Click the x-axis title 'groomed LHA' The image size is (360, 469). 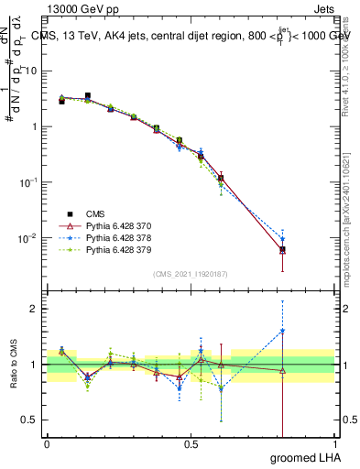[x=307, y=458]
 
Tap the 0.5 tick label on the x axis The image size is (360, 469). [x=191, y=444]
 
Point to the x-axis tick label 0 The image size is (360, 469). [x=47, y=444]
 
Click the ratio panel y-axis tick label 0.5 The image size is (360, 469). [x=31, y=420]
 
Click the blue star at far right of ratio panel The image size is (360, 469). [x=282, y=332]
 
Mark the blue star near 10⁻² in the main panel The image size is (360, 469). [x=282, y=240]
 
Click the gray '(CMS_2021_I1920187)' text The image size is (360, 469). [x=191, y=273]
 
